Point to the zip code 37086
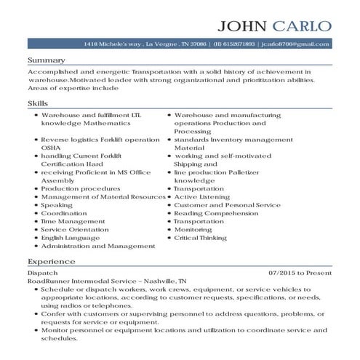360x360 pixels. [x=198, y=45]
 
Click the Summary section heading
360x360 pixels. [x=46, y=60]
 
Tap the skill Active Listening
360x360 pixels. [x=201, y=196]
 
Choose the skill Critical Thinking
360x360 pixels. [x=200, y=238]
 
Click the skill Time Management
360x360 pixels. [x=73, y=221]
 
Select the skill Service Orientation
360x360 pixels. [x=75, y=230]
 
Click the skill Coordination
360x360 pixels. [x=64, y=213]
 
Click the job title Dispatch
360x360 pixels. [x=39, y=273]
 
